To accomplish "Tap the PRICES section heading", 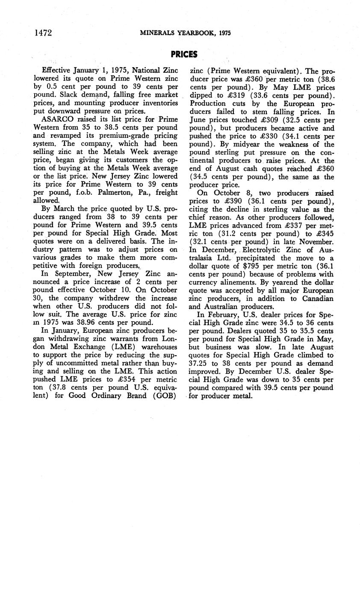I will pyautogui.click(x=184, y=54).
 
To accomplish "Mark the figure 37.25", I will pyautogui.click(x=198, y=363).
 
